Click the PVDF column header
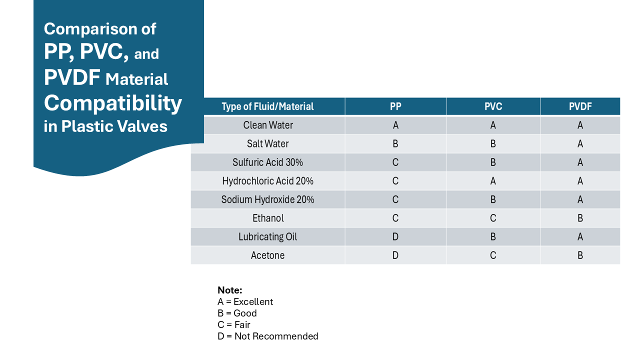point(580,106)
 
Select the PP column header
point(395,106)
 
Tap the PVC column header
point(493,106)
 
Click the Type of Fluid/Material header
point(267,106)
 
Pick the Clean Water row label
point(268,125)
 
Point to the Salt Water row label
point(268,143)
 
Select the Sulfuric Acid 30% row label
point(268,162)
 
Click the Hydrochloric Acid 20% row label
point(268,180)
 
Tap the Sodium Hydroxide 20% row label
point(268,199)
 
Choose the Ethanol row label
point(268,218)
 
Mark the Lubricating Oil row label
point(268,236)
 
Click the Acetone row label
point(268,255)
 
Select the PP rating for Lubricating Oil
point(395,236)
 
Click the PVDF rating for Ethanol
point(580,218)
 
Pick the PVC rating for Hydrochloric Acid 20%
point(493,180)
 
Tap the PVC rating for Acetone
point(493,255)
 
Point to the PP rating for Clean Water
point(395,125)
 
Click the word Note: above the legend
point(230,290)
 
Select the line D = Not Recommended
point(268,336)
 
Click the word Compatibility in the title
point(113,103)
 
